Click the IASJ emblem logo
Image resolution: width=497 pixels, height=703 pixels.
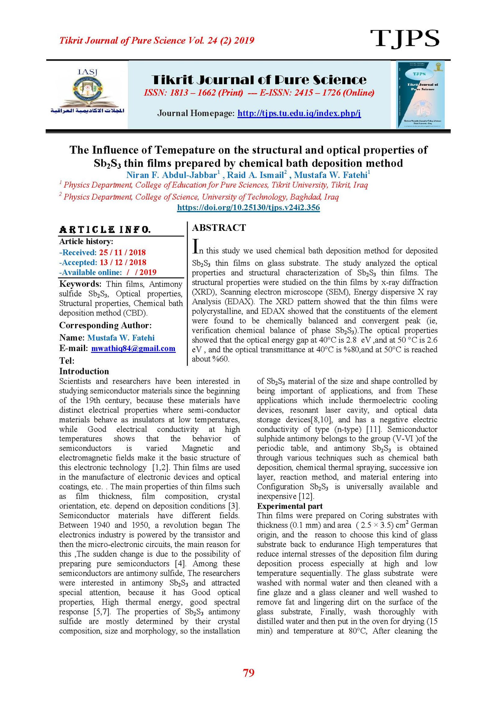(x=87, y=92)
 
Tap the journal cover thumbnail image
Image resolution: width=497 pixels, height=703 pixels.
(x=420, y=95)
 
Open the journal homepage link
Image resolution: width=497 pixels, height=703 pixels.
(x=299, y=113)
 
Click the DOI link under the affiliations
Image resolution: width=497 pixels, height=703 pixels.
(x=248, y=208)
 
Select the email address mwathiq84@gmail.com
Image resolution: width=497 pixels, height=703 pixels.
(x=133, y=349)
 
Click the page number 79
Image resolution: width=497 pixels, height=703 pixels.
(x=248, y=673)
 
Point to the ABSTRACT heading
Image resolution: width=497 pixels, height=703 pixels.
(x=219, y=228)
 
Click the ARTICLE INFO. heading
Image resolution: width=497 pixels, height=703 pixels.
(x=105, y=230)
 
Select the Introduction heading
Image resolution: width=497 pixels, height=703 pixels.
(x=84, y=371)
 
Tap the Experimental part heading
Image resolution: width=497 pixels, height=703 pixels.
(x=290, y=506)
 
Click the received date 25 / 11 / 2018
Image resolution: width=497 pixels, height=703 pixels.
(x=122, y=252)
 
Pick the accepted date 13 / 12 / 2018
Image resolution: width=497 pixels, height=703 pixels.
(x=123, y=262)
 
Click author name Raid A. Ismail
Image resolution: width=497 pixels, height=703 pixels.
(x=255, y=175)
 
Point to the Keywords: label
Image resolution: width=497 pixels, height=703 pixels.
(x=80, y=284)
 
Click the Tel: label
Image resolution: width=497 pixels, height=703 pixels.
(x=67, y=361)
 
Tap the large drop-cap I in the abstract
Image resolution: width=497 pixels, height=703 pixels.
(x=195, y=246)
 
